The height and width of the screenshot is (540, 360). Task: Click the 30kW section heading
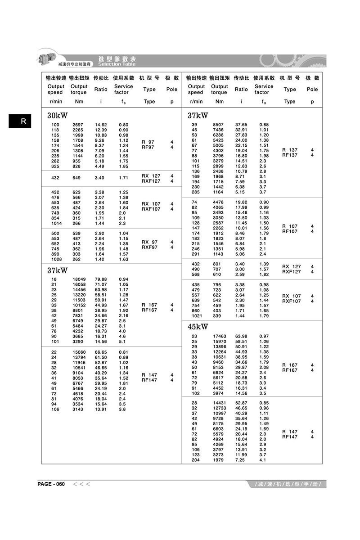(58, 116)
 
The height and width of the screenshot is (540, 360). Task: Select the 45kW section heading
(198, 327)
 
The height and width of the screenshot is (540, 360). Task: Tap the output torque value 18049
(80, 279)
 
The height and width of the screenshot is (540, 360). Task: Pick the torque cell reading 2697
(78, 125)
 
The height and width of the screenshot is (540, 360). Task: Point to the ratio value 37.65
(241, 125)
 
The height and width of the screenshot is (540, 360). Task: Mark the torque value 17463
(220, 336)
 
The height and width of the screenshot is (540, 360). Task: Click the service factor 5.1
(122, 341)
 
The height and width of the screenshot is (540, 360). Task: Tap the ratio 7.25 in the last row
(240, 460)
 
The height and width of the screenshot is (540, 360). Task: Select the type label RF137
(290, 155)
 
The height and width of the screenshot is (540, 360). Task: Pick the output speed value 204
(195, 460)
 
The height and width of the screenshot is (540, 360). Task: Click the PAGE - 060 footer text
(51, 484)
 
